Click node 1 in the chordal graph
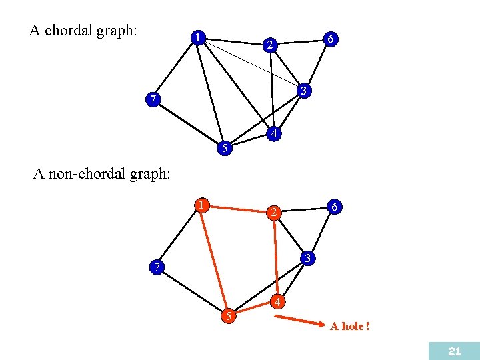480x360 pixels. pos(198,37)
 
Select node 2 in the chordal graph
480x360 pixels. pos(269,45)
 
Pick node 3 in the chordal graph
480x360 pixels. pos(303,90)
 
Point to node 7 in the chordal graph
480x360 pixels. pos(154,101)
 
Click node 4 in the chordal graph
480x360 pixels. pos(273,134)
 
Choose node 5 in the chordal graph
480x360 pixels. pos(225,148)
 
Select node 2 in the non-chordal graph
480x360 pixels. pos(273,213)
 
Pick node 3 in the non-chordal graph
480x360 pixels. pos(307,257)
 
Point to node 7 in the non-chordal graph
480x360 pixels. pos(156,267)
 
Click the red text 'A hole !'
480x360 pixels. pos(350,327)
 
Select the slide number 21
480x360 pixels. pos(455,351)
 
